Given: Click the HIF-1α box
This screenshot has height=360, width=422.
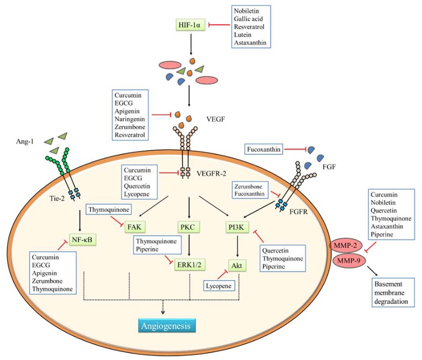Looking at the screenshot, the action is tap(189, 25).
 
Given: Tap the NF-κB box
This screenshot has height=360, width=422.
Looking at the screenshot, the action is tap(82, 239).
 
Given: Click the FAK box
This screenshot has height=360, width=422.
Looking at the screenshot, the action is tap(134, 227).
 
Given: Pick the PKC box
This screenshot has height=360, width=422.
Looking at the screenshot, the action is tap(187, 227).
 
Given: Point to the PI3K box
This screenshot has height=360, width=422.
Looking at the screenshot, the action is tap(236, 227).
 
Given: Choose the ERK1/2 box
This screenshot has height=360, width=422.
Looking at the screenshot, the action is tap(189, 265).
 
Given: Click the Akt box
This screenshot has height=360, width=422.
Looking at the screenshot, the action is tap(237, 266).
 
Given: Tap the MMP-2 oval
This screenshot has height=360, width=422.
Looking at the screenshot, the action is tap(345, 245).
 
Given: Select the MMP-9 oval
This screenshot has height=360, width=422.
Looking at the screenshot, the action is tap(349, 260).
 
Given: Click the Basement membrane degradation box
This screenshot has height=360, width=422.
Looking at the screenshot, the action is tap(391, 293).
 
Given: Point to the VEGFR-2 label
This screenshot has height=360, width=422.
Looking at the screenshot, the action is tap(211, 173).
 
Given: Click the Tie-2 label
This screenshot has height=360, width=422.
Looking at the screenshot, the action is tap(57, 199).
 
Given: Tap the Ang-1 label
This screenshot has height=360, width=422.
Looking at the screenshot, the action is tap(25, 141).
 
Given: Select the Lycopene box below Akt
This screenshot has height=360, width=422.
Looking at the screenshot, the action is tap(218, 286).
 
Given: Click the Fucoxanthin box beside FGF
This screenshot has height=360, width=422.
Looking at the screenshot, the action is tap(264, 149).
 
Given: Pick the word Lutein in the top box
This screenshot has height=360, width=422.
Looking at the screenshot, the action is tap(242, 35).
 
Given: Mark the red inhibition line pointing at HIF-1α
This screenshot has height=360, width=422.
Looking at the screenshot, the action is tap(219, 25).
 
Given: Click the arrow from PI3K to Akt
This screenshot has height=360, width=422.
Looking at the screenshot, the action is tap(237, 246).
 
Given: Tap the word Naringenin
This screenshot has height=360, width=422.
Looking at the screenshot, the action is tap(130, 119).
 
